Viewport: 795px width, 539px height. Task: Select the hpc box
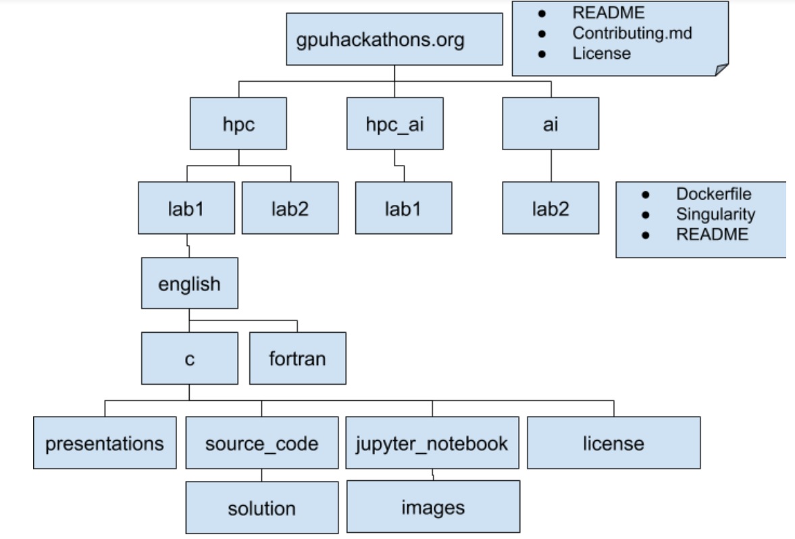pos(238,123)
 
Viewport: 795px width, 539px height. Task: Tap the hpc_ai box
pos(394,123)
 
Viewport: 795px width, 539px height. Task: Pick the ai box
pos(550,123)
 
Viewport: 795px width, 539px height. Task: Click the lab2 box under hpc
pos(290,208)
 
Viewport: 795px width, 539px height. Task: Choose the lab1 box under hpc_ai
pos(403,208)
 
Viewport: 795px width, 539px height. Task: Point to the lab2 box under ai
pos(550,208)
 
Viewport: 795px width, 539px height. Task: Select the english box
pos(190,283)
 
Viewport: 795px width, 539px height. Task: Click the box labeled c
pos(190,358)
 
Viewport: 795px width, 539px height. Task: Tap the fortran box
pos(297,358)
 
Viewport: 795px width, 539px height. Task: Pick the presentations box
pos(105,444)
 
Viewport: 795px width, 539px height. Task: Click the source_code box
pos(262,444)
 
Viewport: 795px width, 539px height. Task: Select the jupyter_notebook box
pos(432,444)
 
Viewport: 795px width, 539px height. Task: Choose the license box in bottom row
pos(613,444)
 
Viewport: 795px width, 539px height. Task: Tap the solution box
pos(262,508)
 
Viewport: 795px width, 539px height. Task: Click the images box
pos(433,507)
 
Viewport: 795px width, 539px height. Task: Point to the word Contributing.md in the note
pos(632,32)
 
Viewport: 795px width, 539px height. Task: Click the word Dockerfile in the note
pos(713,193)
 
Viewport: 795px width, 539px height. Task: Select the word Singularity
pos(715,214)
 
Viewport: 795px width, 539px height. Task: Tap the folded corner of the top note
pos(721,69)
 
